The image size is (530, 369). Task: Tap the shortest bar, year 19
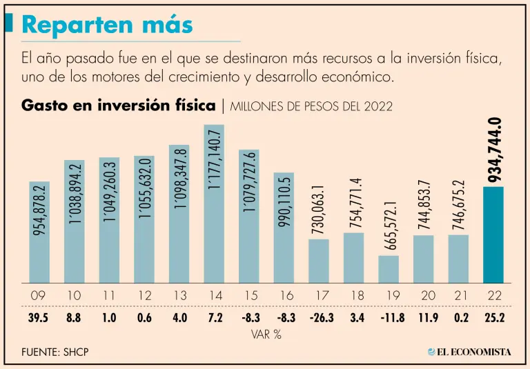pyautogui.click(x=389, y=269)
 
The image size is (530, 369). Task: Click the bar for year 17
pyautogui.click(x=319, y=261)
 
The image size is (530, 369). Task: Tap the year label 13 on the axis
pyautogui.click(x=179, y=296)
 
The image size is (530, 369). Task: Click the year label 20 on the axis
pyautogui.click(x=424, y=296)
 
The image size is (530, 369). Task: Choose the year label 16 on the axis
pyautogui.click(x=284, y=296)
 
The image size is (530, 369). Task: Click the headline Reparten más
pyautogui.click(x=107, y=25)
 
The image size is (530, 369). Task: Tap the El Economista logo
pyautogui.click(x=469, y=352)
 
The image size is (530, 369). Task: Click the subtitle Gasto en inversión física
pyautogui.click(x=119, y=106)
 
